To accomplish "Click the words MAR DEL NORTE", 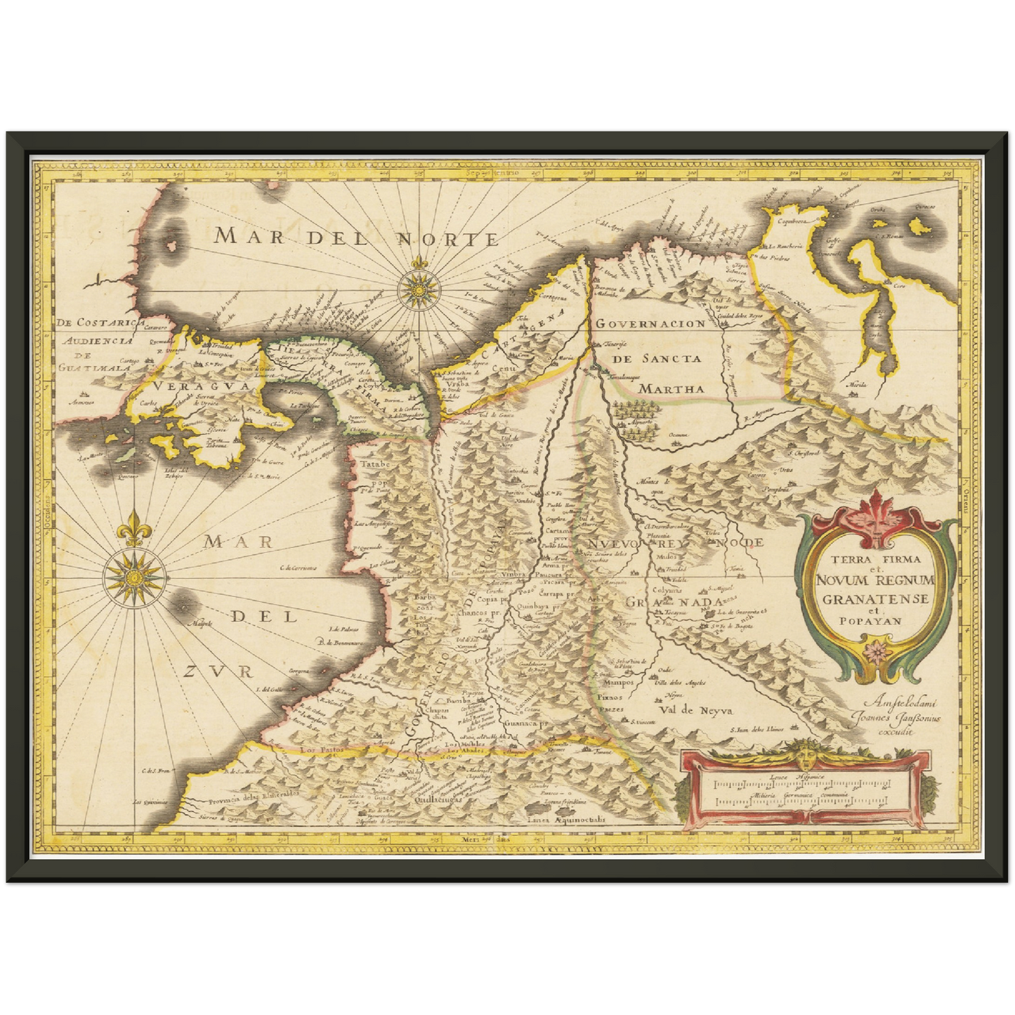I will (x=357, y=237).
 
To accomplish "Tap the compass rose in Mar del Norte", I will (x=419, y=286).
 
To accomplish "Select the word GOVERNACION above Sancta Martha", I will (x=650, y=324).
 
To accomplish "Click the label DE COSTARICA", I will (x=94, y=323).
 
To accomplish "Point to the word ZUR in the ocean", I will (x=216, y=672).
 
